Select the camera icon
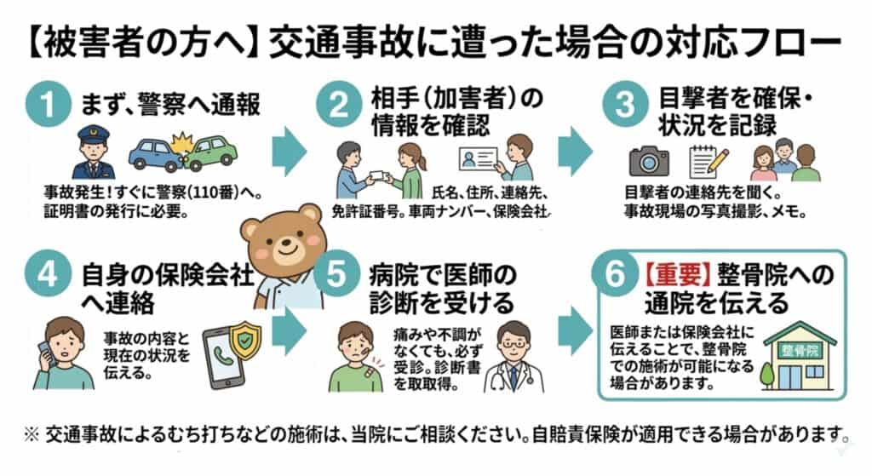click(649, 161)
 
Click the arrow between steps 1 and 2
click(290, 152)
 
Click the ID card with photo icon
click(478, 158)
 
